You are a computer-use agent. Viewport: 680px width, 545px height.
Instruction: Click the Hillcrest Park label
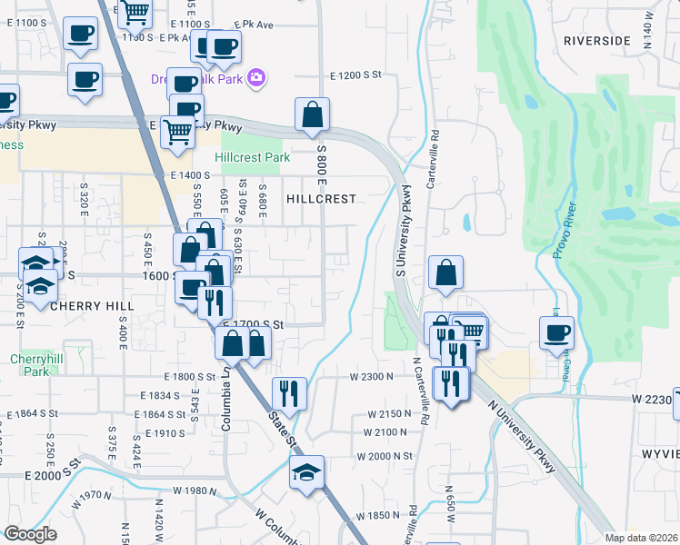[x=253, y=157]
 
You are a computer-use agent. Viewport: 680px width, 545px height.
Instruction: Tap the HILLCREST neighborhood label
[x=320, y=198]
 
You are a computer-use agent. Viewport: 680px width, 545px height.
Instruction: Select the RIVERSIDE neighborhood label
[x=596, y=41]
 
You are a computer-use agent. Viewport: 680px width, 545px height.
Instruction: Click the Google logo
[x=30, y=534]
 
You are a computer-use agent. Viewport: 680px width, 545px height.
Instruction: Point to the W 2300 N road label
[x=371, y=376]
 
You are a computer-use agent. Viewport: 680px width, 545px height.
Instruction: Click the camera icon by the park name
[x=256, y=76]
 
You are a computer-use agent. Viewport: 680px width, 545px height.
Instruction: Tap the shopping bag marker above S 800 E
[x=312, y=114]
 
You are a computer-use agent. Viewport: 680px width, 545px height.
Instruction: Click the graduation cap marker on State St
[x=307, y=472]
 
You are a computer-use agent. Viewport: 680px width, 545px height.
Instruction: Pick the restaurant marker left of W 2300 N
[x=289, y=392]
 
